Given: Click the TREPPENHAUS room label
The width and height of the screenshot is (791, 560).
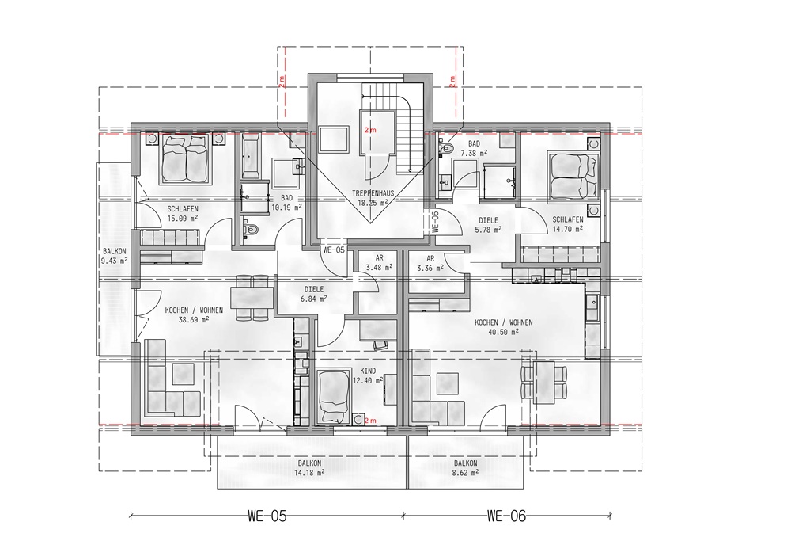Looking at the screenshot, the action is coord(373,193).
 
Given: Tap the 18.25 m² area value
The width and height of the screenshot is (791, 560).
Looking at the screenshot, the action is coord(373,203).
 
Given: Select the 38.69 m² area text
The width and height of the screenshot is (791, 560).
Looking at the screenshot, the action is coord(194,319).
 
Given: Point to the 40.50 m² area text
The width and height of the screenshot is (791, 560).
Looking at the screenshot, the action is coord(503,332).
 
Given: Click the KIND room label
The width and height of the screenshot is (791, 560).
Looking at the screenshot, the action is coord(368,371).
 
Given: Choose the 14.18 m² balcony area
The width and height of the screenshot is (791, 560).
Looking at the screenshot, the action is coord(309,473).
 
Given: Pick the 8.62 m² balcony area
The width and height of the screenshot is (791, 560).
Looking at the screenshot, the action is coord(465,473).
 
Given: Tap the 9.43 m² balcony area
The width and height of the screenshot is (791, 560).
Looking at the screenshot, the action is coord(115,261).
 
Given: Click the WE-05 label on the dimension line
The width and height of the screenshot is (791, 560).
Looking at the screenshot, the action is coord(267,516).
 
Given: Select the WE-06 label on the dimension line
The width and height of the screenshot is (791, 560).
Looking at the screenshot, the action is coord(506,516).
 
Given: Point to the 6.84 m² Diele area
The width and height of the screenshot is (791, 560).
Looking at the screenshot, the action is coord(313,299).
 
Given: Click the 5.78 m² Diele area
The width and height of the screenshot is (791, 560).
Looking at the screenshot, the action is coord(488,229).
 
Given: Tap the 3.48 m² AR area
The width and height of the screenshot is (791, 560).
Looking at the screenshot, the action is coord(379,267).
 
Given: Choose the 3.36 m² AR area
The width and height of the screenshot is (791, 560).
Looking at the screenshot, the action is coord(430,268).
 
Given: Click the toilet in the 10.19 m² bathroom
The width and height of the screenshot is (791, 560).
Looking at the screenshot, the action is coord(251,229).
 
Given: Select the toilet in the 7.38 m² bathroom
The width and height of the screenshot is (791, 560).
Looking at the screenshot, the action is coord(446,148).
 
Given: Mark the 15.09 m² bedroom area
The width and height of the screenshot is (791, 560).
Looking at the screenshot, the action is coord(182,218).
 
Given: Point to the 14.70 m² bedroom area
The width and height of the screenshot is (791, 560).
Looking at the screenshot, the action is coord(567,229).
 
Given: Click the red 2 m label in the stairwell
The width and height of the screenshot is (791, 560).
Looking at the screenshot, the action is coord(370,130).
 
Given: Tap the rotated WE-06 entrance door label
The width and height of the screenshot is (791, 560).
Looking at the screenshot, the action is coord(436,222).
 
